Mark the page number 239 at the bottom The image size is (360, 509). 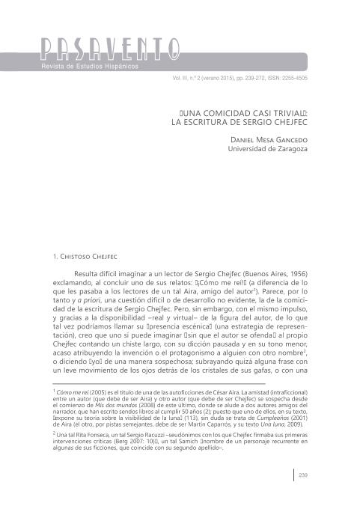pyautogui.click(x=304, y=473)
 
